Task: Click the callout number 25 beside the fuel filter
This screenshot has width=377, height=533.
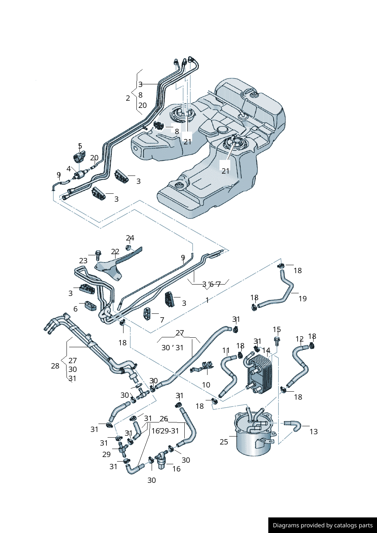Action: tap(224, 442)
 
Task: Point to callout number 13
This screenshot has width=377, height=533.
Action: tap(314, 432)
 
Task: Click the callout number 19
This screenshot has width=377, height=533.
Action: tap(303, 299)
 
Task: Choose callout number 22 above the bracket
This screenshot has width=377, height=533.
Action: tap(115, 252)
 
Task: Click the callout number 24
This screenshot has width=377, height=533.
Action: tap(130, 238)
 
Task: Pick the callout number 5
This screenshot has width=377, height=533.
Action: tap(80, 146)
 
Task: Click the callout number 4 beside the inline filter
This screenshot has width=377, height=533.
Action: tap(69, 169)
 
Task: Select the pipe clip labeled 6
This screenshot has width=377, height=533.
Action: tap(90, 306)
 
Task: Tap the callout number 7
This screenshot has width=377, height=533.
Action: tap(162, 320)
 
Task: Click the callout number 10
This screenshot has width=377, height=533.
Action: tap(206, 385)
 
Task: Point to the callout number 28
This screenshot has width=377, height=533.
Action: tap(55, 366)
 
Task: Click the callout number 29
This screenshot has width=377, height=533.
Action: tap(106, 454)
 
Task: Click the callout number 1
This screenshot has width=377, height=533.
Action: tap(207, 300)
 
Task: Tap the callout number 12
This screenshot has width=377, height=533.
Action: tap(299, 339)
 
